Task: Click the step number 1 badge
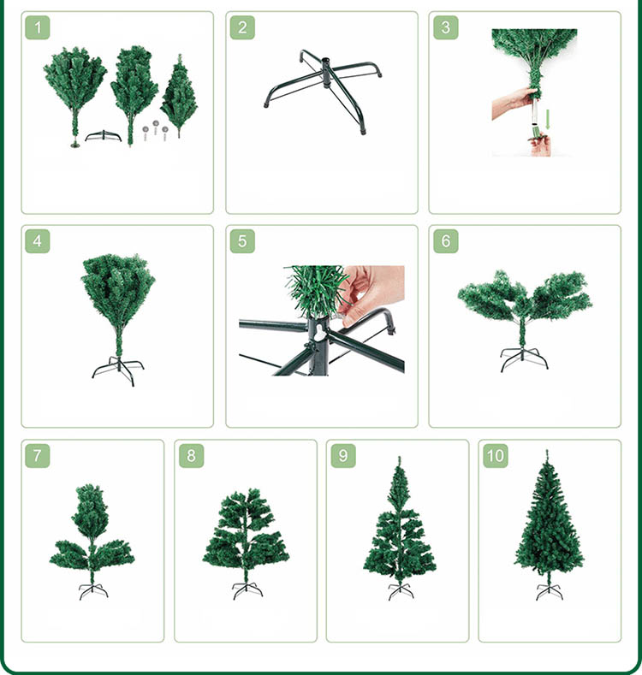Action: [x=38, y=27]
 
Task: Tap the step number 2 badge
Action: [x=242, y=27]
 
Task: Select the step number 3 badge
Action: [x=445, y=27]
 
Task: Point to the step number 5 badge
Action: [x=242, y=240]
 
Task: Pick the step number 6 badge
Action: [x=445, y=240]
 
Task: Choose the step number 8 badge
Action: [x=191, y=455]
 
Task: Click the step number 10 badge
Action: [x=495, y=455]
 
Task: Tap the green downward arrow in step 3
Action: [x=548, y=120]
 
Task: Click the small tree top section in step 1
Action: [x=179, y=96]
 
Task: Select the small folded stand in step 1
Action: [x=104, y=136]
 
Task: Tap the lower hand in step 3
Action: [x=540, y=145]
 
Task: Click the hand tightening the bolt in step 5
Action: [x=372, y=293]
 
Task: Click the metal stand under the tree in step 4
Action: [x=118, y=370]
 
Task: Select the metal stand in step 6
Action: [x=524, y=359]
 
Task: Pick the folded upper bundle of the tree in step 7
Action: [x=90, y=509]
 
